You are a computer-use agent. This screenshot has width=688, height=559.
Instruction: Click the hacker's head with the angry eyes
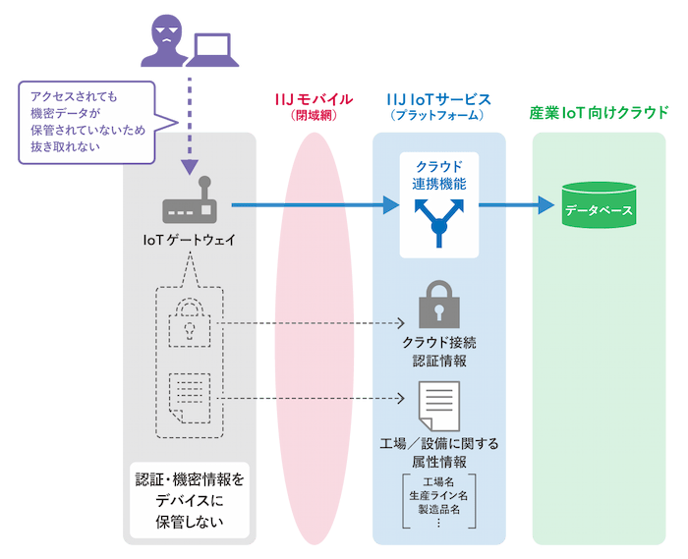coord(168,30)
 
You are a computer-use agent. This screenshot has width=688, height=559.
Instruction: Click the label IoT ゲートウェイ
coord(190,239)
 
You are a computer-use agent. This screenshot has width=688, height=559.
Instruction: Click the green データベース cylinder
coord(599,207)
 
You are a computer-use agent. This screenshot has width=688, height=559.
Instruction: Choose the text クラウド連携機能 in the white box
coord(439,174)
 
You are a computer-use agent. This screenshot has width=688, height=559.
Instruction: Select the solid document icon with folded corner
coord(438,404)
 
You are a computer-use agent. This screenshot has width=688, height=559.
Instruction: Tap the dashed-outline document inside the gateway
coord(189,394)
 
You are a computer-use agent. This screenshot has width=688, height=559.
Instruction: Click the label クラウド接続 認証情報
coord(438,352)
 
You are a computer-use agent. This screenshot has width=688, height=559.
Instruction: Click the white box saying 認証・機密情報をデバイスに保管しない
coord(190,501)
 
